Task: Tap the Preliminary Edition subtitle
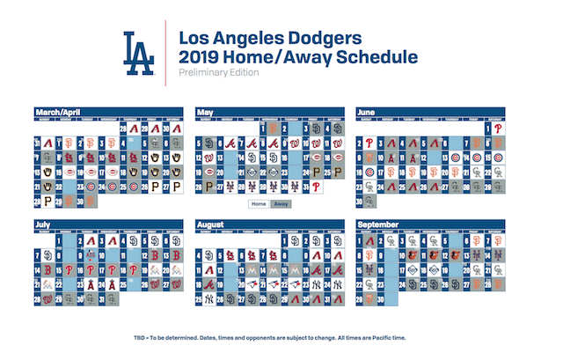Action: pos(218,74)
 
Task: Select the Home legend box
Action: pos(258,203)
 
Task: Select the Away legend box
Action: pos(280,203)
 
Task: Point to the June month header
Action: pos(369,112)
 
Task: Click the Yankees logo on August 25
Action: pos(208,299)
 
